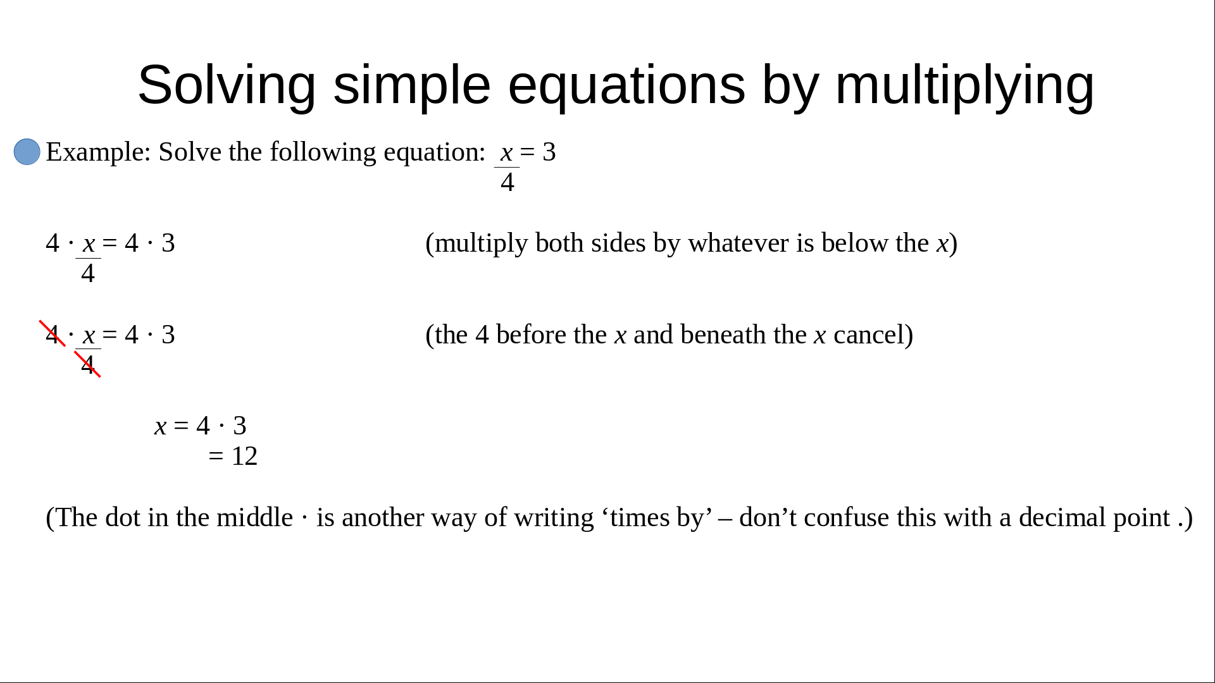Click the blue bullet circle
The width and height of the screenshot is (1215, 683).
tap(27, 152)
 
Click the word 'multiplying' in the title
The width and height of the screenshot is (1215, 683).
tap(964, 86)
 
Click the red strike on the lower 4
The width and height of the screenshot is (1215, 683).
tap(88, 364)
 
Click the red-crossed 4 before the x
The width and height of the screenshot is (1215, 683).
tap(53, 335)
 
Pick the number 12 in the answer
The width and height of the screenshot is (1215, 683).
tap(244, 456)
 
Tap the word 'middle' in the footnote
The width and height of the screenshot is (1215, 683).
tap(254, 518)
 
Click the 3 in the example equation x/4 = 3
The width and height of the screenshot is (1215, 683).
tap(549, 152)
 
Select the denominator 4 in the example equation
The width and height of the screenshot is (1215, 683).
tap(507, 183)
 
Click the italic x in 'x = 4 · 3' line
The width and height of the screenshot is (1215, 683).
tap(161, 427)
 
